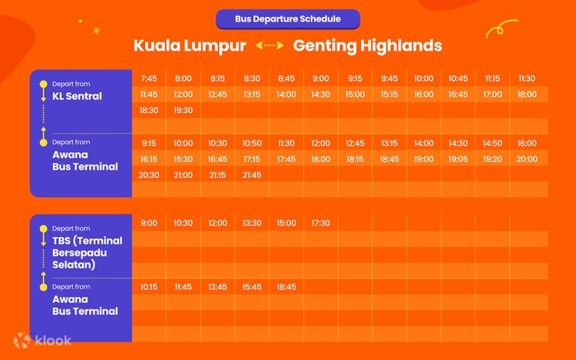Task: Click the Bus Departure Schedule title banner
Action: (288, 19)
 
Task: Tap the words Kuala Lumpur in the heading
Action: (190, 46)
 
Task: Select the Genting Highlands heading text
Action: (367, 46)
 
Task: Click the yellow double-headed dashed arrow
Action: (270, 45)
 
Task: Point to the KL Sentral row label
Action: (77, 96)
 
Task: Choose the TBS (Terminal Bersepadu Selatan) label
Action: (87, 253)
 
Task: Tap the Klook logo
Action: (42, 341)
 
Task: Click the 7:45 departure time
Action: (149, 78)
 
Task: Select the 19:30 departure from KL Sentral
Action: (183, 110)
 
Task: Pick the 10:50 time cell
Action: (252, 143)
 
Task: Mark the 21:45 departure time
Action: (252, 175)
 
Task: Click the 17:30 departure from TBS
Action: (321, 223)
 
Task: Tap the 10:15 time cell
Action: (149, 287)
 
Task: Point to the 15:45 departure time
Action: (252, 287)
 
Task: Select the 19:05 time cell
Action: (458, 159)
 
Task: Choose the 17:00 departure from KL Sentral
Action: (492, 94)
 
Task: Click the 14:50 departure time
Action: (492, 143)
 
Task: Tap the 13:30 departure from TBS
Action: (252, 223)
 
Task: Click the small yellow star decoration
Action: (97, 31)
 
